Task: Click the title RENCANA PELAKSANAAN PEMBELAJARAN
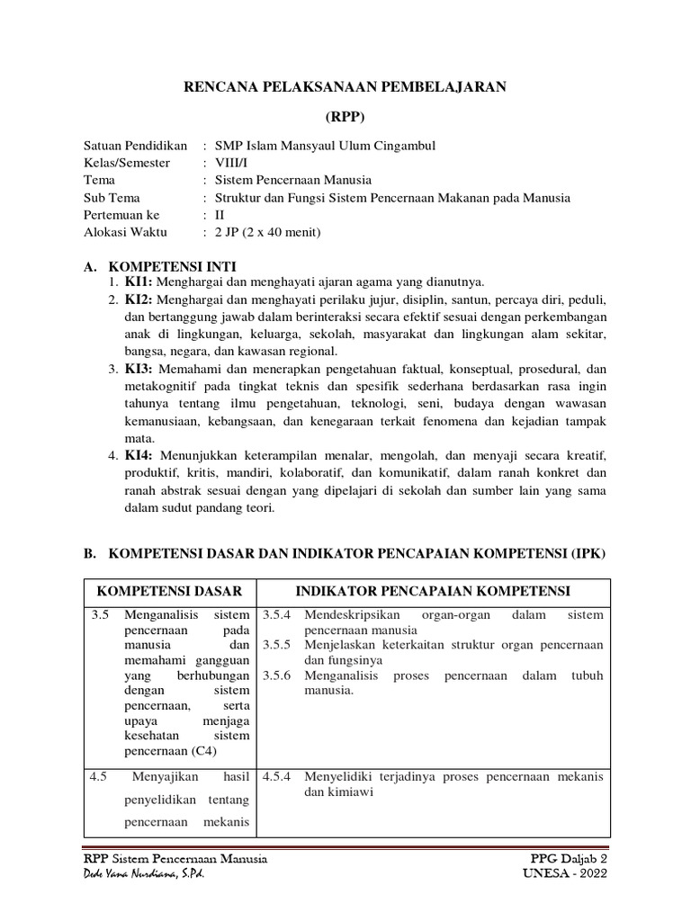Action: click(x=345, y=86)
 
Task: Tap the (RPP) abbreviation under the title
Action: click(x=345, y=118)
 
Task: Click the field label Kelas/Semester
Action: click(x=129, y=163)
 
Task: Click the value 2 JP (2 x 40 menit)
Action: click(x=267, y=232)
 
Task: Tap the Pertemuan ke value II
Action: click(x=219, y=215)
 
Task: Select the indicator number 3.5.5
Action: click(x=277, y=645)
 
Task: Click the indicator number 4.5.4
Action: click(x=277, y=777)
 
